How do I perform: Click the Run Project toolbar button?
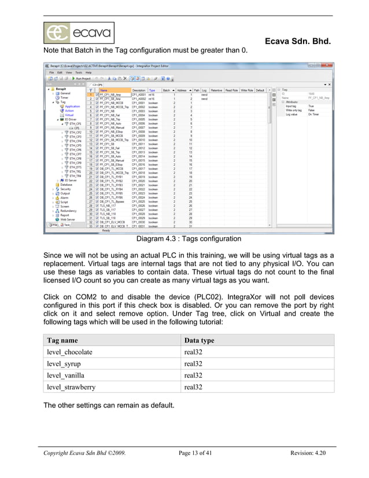coord(76,78)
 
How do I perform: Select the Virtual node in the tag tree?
coord(69,115)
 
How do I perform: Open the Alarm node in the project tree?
coord(64,197)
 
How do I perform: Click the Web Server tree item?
coord(68,219)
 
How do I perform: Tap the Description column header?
coord(139,90)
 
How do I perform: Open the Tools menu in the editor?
coord(77,72)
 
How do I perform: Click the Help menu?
coord(88,72)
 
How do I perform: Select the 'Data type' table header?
coord(199,340)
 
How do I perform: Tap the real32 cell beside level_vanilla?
coord(193,375)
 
